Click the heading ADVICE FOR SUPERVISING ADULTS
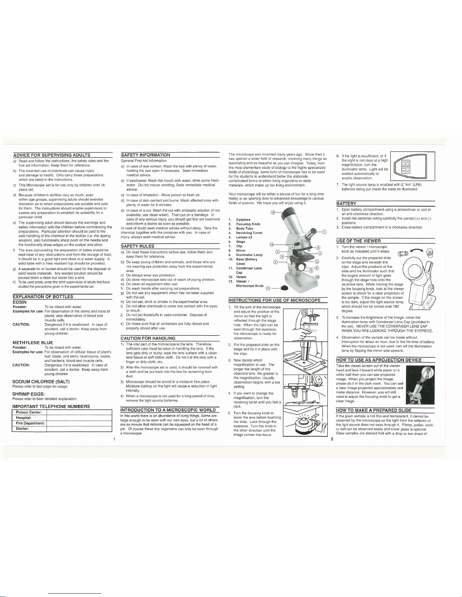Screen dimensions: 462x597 51,155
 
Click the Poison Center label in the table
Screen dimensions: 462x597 29,412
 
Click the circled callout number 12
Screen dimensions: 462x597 272,214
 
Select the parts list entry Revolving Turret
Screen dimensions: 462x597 249,233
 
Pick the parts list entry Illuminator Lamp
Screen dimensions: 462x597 249,255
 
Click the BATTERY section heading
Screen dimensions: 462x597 346,203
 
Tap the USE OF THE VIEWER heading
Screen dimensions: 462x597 358,241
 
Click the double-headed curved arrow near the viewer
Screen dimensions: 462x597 417,249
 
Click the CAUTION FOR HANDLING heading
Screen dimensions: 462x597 148,338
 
